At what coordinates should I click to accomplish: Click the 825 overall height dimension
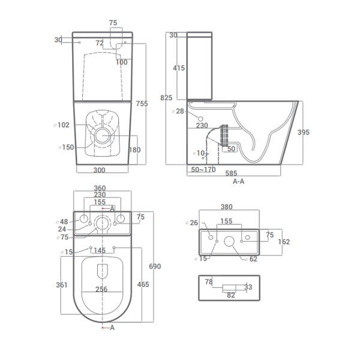coord(166,98)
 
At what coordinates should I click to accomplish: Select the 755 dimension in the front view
coord(142,104)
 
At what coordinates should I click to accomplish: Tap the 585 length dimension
coord(231,173)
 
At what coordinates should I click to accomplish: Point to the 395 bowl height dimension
coord(303,132)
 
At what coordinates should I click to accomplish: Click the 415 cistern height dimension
coord(179,68)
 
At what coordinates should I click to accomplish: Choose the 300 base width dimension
coord(99,170)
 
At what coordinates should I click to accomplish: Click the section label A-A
coord(239,181)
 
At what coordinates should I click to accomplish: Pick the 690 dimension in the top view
coord(155,266)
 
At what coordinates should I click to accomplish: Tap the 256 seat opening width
coord(101,289)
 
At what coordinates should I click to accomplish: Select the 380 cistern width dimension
coord(227,207)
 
